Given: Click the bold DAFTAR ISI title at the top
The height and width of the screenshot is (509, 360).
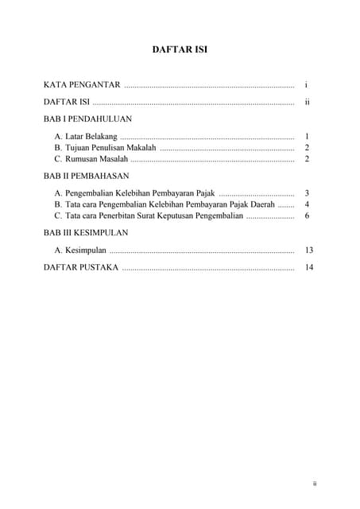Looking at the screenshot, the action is point(180,50).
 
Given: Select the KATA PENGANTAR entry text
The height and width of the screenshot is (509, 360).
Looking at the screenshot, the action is point(82,84).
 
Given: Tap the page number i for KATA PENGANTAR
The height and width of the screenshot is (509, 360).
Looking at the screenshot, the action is point(306,84).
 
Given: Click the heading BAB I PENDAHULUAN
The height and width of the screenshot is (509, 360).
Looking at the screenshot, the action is point(88,118).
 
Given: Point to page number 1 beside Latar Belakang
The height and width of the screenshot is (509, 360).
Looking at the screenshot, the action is point(307,137).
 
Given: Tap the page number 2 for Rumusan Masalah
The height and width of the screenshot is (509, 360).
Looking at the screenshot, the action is point(307,159).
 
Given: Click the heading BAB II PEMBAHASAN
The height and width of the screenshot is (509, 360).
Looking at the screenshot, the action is point(87,176).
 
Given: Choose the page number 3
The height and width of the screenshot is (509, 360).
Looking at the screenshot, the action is point(307,193).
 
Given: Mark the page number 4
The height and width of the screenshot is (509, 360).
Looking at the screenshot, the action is point(307,204).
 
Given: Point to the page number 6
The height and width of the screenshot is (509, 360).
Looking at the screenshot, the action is point(307,216).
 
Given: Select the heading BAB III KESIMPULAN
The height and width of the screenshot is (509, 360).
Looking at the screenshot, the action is point(86,233).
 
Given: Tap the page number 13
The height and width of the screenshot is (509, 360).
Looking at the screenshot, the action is point(308,251).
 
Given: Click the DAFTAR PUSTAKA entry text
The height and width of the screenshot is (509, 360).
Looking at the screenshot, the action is point(81,267).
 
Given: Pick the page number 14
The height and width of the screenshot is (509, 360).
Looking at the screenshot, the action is point(308,267).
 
